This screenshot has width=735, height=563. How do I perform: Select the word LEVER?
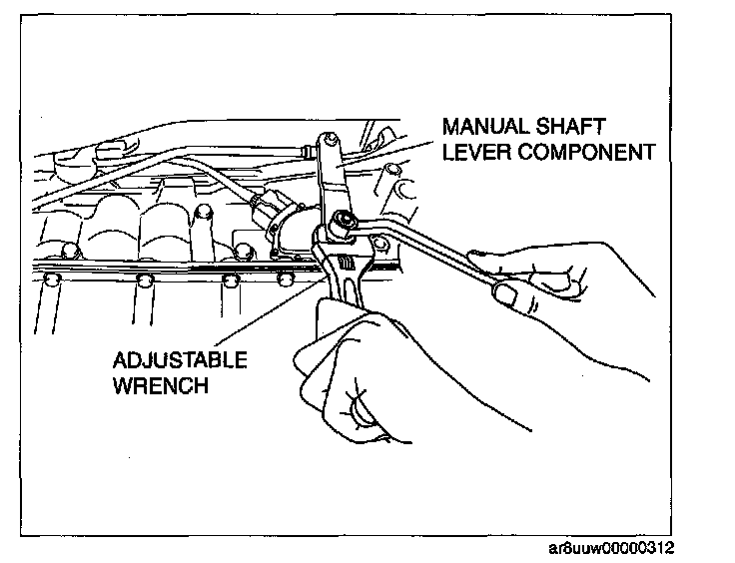[x=475, y=152]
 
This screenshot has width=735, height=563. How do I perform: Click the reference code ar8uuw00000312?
[x=619, y=549]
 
